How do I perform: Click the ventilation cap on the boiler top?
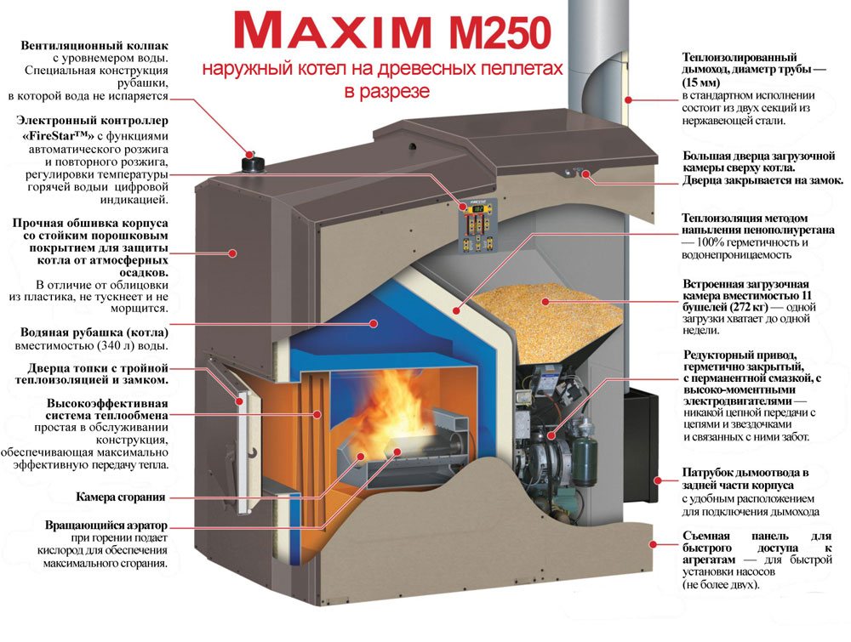click(253, 162)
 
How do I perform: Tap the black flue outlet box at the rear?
click(641, 445)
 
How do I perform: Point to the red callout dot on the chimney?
click(629, 99)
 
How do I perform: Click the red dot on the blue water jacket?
click(374, 323)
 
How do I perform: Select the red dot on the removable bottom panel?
click(653, 544)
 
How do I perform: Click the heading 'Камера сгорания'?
click(121, 497)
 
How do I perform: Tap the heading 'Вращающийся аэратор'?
click(106, 526)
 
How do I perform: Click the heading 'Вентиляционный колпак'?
click(94, 46)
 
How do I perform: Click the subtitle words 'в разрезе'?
click(387, 91)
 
